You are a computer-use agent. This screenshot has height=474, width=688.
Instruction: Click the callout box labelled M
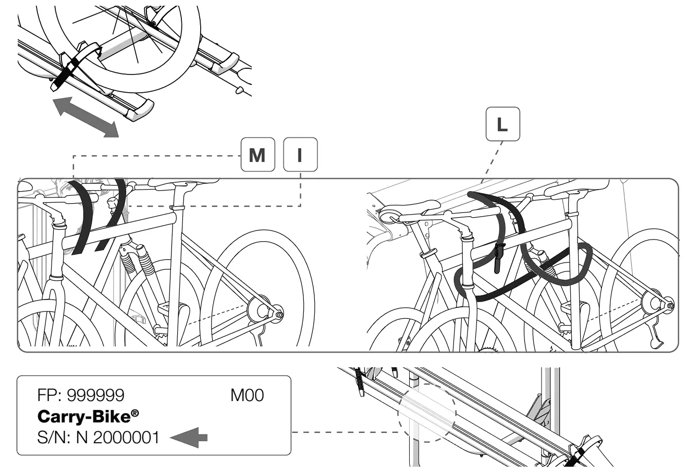click(x=257, y=155)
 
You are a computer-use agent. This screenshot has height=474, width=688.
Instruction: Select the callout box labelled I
click(x=300, y=155)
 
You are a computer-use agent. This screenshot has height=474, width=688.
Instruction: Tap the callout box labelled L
click(x=502, y=124)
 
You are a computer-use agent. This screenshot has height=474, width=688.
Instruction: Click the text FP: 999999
click(x=81, y=395)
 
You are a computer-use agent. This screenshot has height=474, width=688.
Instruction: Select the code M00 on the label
click(x=247, y=395)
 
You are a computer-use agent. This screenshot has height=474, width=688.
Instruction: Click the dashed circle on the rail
click(x=426, y=413)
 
